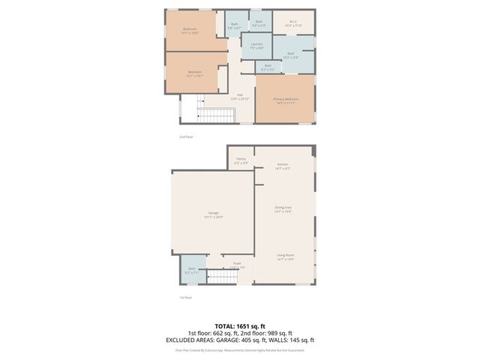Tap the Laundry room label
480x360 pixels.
coord(256,46)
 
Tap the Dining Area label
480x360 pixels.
coord(283,210)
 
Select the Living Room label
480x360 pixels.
coord(285,257)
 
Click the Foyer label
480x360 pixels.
coord(237,265)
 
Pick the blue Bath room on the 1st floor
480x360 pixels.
coord(191,271)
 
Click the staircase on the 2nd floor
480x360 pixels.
coord(216,114)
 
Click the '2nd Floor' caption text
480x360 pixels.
coord(186,136)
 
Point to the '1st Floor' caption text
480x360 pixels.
coord(185,298)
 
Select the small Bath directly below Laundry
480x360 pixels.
coord(268,67)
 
